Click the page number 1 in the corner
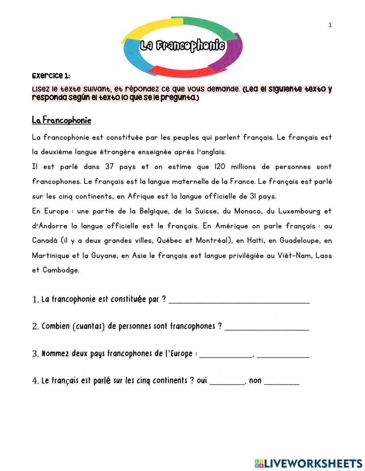point(330,25)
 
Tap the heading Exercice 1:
point(51,76)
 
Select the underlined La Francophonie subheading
point(61,120)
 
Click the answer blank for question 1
point(239,301)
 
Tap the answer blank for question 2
point(267,328)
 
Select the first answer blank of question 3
point(226,355)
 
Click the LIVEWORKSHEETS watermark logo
point(308,463)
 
